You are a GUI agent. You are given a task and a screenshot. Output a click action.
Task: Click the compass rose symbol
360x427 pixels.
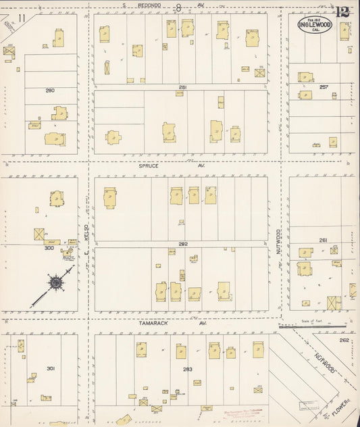[x=60, y=283]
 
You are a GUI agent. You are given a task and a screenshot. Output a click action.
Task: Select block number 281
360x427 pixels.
[x=182, y=87]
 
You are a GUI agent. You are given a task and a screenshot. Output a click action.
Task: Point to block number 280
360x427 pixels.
[x=49, y=90]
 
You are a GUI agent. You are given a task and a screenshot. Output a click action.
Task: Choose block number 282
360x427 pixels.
[x=182, y=245]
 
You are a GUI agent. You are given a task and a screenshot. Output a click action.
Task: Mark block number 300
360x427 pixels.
[x=49, y=248]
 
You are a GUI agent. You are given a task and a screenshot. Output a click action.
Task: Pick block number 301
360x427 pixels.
[x=49, y=369]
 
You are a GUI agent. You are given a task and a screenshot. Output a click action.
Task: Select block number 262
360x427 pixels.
[x=344, y=341]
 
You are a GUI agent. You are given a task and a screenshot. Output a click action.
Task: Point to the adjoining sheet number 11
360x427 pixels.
[x=23, y=18]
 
